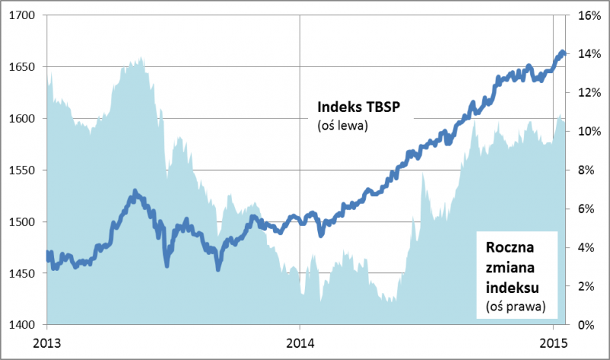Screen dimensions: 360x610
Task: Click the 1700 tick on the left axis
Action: (23, 15)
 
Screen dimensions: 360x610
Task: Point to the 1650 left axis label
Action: (23, 67)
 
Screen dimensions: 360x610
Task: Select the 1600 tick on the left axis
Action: (23, 118)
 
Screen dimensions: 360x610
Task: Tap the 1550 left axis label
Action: (23, 170)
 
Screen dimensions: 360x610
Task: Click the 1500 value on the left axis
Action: (23, 222)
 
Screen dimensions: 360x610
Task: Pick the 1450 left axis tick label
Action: (23, 273)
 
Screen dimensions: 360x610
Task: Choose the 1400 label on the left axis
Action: (23, 325)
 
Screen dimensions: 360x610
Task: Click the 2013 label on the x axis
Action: (47, 341)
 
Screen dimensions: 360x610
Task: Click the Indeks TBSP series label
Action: (358, 107)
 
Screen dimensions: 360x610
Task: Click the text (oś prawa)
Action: (515, 306)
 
